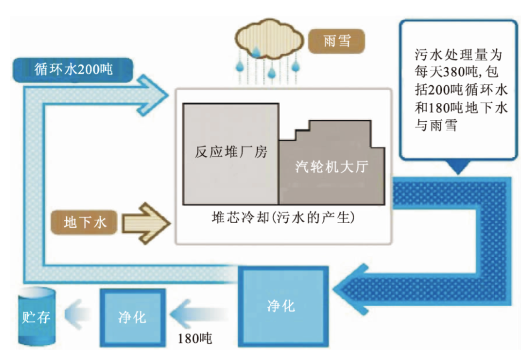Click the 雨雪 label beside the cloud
click(x=337, y=41)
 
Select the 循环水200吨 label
click(x=73, y=70)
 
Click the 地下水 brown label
click(x=84, y=222)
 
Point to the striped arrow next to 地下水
click(x=146, y=223)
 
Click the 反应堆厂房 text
click(x=231, y=152)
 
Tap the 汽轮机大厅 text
click(x=332, y=167)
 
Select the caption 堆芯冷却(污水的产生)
click(x=283, y=217)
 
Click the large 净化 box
click(x=283, y=306)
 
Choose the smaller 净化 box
click(x=132, y=317)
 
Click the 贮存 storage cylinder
click(x=37, y=316)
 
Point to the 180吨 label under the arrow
click(x=195, y=338)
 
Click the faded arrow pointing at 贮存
click(x=78, y=314)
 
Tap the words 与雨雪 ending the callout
click(x=436, y=125)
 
